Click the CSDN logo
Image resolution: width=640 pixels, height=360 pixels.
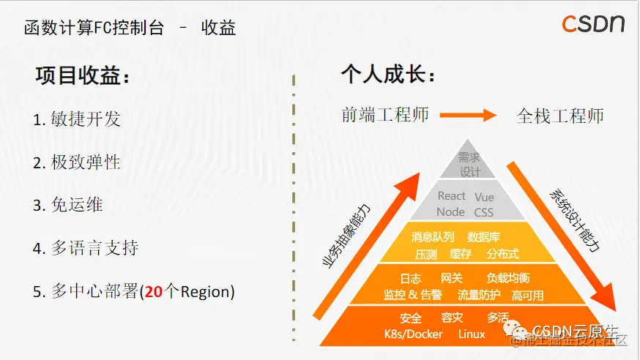pos(593,24)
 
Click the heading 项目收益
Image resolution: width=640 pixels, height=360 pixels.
pos(83,77)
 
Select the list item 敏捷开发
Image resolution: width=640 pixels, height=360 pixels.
pos(77,119)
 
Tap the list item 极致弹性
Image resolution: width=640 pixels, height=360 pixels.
pos(77,162)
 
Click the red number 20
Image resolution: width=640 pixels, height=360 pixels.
pos(153,291)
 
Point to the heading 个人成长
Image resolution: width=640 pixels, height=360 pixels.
pos(388,75)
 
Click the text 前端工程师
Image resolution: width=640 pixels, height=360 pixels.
pos(385,115)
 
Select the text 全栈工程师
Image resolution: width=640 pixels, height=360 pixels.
pos(560,116)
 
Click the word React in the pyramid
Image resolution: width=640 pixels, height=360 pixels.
pos(451,196)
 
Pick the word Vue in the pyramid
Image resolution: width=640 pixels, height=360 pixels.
pos(484,197)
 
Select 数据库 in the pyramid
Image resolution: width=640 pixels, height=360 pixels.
pos(483,237)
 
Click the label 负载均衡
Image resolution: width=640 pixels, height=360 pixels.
pos(508,278)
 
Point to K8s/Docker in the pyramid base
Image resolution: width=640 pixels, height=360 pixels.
pos(413,334)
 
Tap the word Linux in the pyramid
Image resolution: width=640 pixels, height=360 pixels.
pos(472,334)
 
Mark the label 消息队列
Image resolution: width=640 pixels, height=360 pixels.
pos(433,237)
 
